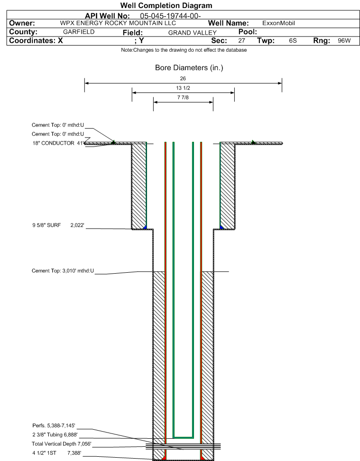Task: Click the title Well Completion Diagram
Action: tap(166, 6)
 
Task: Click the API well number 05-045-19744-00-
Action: tap(170, 16)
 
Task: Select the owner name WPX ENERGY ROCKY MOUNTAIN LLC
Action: tap(118, 23)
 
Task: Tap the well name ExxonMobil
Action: tap(278, 23)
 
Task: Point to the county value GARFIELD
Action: tap(79, 32)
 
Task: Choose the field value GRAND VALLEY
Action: tap(193, 33)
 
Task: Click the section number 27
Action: tap(241, 41)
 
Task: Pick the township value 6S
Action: tap(293, 41)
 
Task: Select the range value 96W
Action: tap(344, 41)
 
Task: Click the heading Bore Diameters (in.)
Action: tap(189, 68)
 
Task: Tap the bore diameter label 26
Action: tap(183, 79)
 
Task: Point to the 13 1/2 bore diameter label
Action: tap(183, 88)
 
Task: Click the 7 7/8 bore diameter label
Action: tap(183, 97)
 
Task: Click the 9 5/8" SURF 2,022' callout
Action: tap(58, 225)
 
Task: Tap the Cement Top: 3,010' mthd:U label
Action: tap(63, 271)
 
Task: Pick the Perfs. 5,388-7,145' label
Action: tap(54, 425)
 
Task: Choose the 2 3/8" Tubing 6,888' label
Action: tap(55, 434)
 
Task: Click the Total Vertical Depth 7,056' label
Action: tap(62, 443)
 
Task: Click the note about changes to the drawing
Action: tap(184, 50)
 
